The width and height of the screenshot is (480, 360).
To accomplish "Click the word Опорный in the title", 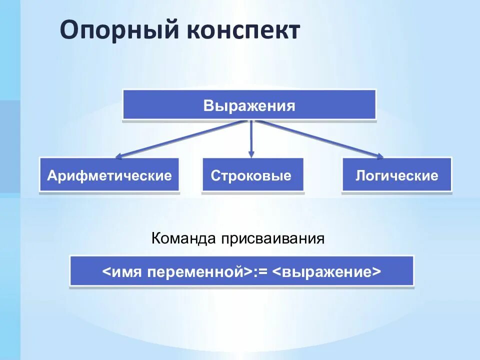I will (x=120, y=31).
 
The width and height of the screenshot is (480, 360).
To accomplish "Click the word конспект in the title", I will (x=243, y=31).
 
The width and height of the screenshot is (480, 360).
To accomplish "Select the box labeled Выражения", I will (x=249, y=105).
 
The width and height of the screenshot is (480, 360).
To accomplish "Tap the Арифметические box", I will (x=109, y=175).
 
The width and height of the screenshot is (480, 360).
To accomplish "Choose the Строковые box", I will (x=252, y=175).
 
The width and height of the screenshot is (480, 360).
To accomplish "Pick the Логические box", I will (x=396, y=175).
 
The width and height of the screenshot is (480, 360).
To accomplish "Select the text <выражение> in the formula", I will (x=327, y=272).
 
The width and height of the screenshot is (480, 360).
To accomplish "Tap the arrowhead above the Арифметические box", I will (x=120, y=156).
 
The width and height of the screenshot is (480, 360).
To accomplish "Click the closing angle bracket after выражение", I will (x=376, y=272).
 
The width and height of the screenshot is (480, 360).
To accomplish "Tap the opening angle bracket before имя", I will (x=106, y=272).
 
